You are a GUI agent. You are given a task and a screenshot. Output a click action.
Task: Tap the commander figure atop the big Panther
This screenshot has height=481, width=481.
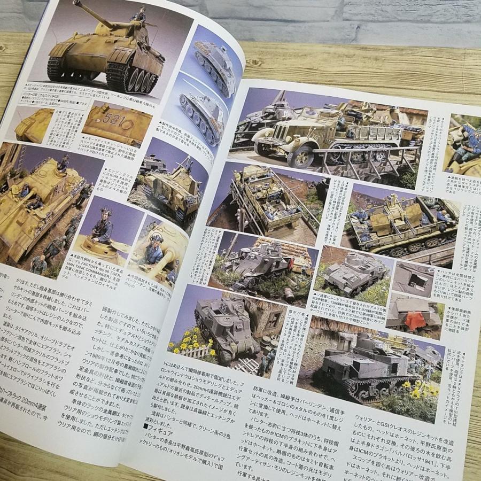[x=138, y=15]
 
